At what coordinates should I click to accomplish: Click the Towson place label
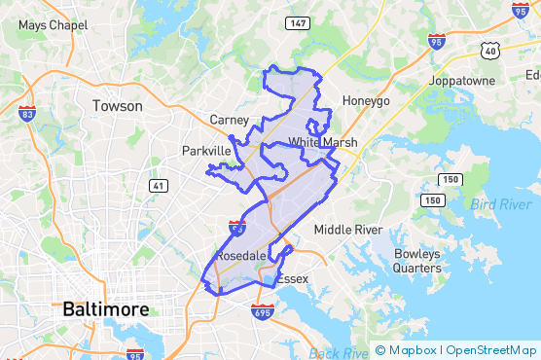point(117,105)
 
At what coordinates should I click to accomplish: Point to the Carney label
point(231,120)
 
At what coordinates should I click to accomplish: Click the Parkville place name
point(206,151)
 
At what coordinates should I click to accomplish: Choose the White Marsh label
point(322,143)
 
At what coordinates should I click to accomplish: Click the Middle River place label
point(347,230)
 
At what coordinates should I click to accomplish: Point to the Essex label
point(292,279)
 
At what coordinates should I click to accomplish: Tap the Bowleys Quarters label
point(417,261)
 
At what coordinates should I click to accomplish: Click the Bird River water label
point(501,204)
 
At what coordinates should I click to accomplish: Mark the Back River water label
point(339,352)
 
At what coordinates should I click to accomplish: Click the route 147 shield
point(298,21)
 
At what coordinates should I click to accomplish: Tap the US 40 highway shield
point(496,49)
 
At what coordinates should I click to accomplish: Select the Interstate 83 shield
point(26,114)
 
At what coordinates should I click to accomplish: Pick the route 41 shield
point(158,185)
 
